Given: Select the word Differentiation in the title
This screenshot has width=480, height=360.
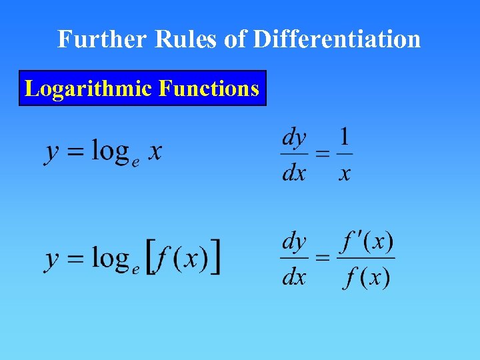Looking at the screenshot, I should coord(337,39).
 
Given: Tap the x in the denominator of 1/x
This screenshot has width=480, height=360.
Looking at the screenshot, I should coord(344,173).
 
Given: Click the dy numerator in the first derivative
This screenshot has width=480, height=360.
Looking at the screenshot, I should coord(294,138).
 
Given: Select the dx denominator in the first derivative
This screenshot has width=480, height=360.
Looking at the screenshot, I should coord(294,173).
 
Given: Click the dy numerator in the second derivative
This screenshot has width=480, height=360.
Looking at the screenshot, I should coord(294,241).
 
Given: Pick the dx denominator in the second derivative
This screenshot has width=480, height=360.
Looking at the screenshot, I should coord(294,276).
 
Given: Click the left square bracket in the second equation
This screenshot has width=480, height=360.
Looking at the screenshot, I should coord(152,258).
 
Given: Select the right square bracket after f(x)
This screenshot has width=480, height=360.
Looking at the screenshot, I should coord(215,258).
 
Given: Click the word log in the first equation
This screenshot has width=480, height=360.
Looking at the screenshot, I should coord(110,151).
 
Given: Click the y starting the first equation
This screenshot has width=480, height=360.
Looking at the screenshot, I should coord(51,153).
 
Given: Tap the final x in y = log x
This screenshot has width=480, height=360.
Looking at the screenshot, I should coord(154,153).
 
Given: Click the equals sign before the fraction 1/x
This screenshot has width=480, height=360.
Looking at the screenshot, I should coord(322,155).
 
